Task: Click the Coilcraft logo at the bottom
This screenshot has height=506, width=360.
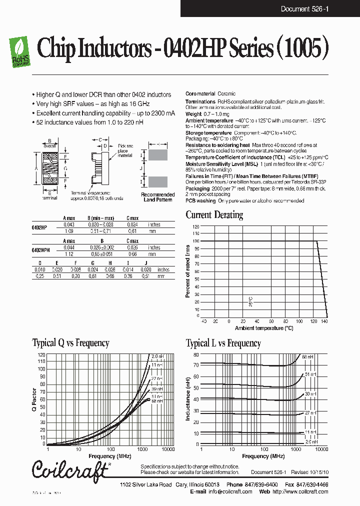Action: (69, 470)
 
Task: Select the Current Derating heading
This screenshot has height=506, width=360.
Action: (214, 215)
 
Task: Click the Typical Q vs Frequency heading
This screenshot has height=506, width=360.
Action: (70, 343)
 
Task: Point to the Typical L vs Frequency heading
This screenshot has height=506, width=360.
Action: (223, 343)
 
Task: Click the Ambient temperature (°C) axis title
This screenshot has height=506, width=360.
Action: (264, 328)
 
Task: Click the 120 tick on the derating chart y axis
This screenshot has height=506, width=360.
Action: (196, 226)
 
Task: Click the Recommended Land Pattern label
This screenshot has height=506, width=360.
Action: (157, 197)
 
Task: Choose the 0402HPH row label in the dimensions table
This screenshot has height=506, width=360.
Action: (40, 248)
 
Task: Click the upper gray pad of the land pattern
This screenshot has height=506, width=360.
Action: (157, 154)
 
